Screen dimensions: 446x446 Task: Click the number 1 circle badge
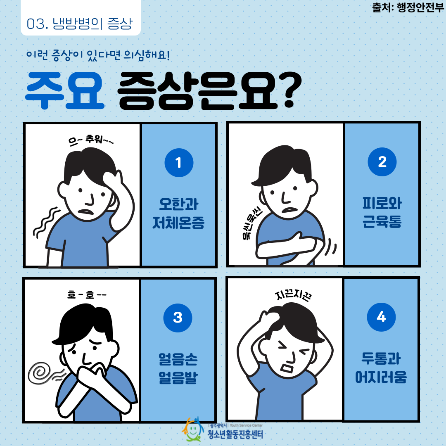pyautogui.click(x=179, y=163)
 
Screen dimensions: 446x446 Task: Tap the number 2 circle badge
pyautogui.click(x=382, y=162)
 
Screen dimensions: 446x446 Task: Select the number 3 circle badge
pyautogui.click(x=178, y=318)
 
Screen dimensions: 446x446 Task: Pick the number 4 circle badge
pyautogui.click(x=381, y=317)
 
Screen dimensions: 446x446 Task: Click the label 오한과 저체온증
pyautogui.click(x=178, y=214)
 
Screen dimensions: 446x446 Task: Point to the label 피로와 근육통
pyautogui.click(x=382, y=213)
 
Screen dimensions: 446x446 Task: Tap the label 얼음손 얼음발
pyautogui.click(x=178, y=368)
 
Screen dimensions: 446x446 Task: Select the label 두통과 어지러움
pyautogui.click(x=381, y=368)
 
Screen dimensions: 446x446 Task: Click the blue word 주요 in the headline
pyautogui.click(x=65, y=90)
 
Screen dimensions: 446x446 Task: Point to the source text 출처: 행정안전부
pyautogui.click(x=408, y=7)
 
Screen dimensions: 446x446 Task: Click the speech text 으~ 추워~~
pyautogui.click(x=91, y=140)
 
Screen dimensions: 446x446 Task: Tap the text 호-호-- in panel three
pyautogui.click(x=87, y=294)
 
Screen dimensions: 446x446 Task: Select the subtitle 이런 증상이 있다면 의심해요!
pyautogui.click(x=98, y=55)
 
